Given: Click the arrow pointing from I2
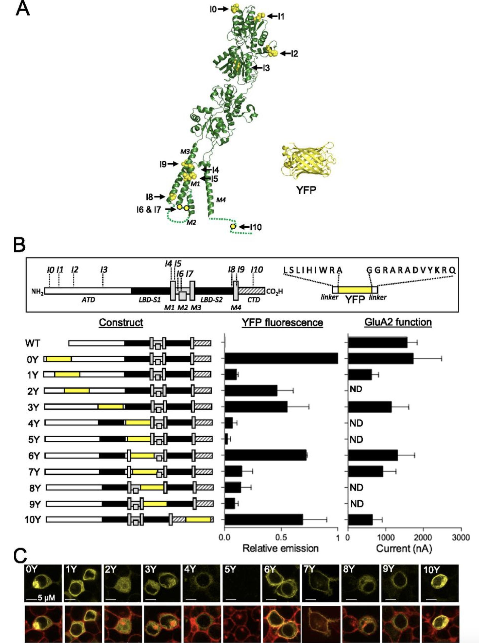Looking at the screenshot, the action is pos(285,53).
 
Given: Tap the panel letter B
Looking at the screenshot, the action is pos(20,245).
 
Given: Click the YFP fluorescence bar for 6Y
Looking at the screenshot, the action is pos(266,455).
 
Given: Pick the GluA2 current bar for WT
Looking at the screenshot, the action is pos(378,343).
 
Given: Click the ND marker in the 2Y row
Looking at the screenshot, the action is pos(356,389).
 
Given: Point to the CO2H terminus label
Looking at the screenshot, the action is pos(274,291).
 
